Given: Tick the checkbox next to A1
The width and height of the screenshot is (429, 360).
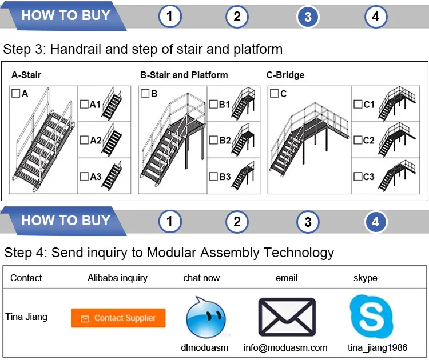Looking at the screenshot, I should [x=84, y=104].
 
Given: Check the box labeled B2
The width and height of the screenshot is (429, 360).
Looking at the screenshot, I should [x=213, y=140].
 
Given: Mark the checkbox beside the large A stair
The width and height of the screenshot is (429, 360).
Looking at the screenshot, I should [x=15, y=93].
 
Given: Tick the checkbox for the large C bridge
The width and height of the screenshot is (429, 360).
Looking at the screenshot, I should [x=274, y=93].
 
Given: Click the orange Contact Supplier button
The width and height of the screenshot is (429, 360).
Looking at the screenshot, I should [x=118, y=318].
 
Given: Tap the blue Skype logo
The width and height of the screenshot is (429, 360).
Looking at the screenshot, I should [x=374, y=316].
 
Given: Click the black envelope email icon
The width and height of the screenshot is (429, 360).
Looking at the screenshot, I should [x=287, y=317].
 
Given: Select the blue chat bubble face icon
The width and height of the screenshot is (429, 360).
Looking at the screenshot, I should [x=205, y=317].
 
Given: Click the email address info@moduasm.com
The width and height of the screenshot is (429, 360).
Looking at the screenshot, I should [x=285, y=347].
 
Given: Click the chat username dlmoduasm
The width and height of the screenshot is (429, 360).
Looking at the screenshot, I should [x=204, y=347].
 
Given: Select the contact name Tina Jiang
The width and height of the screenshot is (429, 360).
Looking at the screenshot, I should [x=26, y=317].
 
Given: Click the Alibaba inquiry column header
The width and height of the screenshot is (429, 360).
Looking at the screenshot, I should [x=117, y=278].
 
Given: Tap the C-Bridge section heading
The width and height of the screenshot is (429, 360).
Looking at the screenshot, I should [x=285, y=75].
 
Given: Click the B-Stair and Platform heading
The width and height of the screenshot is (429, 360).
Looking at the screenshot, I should [x=184, y=75].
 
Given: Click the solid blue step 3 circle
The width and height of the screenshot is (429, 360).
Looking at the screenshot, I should [x=308, y=17].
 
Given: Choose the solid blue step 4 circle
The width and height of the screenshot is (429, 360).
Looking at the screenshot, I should [x=375, y=222].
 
